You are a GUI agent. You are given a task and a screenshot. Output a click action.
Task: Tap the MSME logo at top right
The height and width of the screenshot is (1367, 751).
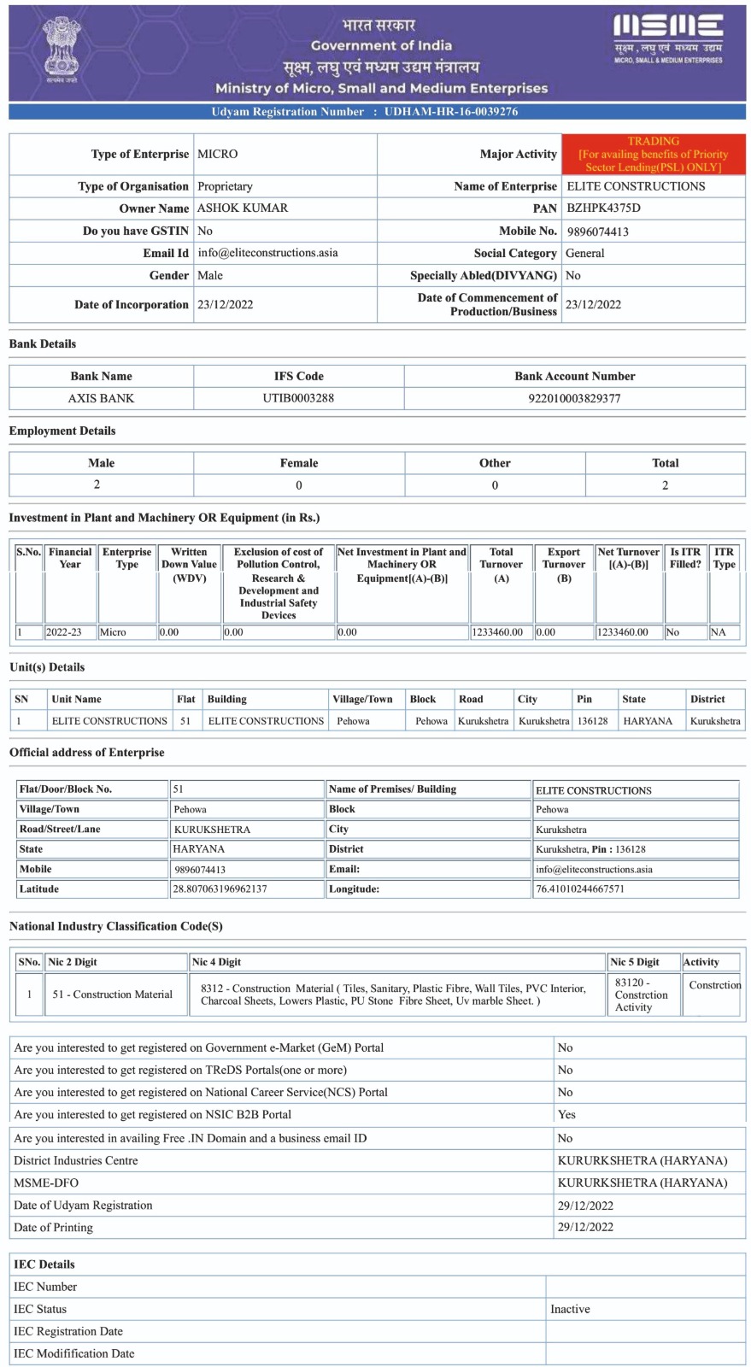click(668, 38)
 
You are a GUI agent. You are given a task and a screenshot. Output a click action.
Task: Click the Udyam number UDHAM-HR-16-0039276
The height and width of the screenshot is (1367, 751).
click(450, 112)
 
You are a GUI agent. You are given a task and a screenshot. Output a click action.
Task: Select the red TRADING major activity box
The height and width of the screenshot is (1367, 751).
click(653, 154)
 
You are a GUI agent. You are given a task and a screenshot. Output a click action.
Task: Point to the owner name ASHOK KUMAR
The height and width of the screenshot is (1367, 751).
click(243, 208)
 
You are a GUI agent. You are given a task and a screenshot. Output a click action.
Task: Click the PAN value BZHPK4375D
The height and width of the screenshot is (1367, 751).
click(603, 208)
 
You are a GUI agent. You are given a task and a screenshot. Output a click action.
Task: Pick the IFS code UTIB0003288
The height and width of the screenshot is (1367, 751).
click(298, 398)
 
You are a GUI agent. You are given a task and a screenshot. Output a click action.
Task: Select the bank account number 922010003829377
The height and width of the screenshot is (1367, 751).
click(574, 398)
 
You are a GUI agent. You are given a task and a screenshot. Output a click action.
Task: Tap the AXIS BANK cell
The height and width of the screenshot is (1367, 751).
click(101, 398)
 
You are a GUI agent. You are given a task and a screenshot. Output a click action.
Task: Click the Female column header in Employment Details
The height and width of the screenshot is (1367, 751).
click(298, 463)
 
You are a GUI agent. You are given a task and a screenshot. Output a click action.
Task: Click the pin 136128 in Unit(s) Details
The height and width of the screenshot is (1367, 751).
click(592, 721)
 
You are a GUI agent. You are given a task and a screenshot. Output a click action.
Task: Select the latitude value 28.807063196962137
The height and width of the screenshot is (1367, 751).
click(220, 889)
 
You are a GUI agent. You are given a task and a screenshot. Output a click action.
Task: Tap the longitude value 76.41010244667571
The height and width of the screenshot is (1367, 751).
click(580, 889)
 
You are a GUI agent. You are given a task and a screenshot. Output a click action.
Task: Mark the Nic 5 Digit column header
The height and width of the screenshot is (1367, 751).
click(634, 962)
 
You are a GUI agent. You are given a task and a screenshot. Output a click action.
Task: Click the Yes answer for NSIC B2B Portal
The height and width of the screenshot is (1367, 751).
click(566, 1115)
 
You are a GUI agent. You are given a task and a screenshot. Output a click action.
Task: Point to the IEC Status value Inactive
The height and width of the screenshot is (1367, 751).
click(570, 1309)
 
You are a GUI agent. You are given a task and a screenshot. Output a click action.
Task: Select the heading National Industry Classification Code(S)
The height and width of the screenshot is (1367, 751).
click(116, 926)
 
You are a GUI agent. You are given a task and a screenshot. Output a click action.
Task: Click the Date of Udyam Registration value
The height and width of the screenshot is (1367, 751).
click(585, 1206)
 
